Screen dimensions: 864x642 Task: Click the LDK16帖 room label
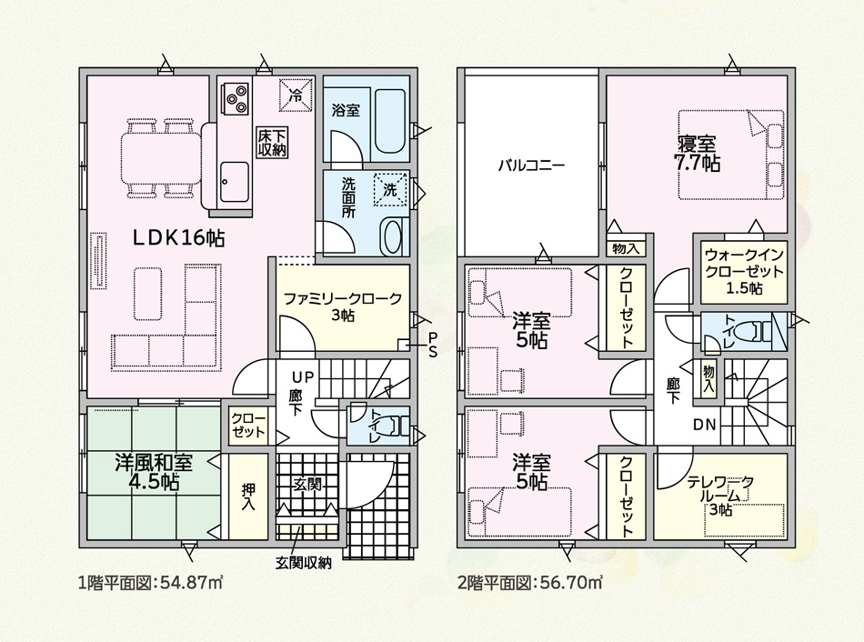tap(178, 237)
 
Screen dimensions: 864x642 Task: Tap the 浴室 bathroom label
tap(346, 110)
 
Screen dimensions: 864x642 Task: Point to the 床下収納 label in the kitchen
tap(272, 142)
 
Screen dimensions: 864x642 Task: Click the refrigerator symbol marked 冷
tap(296, 95)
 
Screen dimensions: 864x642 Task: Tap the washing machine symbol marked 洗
tap(390, 190)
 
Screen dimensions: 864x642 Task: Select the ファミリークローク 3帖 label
tap(342, 307)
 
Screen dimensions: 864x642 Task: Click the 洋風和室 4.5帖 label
tap(154, 472)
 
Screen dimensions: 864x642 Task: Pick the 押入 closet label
tap(248, 497)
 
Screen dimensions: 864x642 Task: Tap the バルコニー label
tap(531, 166)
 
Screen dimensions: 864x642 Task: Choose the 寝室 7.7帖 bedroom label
tap(697, 153)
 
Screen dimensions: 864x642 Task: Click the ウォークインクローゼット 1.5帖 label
tap(744, 272)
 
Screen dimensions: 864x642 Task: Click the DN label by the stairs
tap(704, 425)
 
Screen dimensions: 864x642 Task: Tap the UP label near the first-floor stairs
tap(303, 377)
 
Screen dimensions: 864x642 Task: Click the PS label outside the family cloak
tap(433, 345)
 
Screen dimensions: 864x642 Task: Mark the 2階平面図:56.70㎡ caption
tap(529, 582)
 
